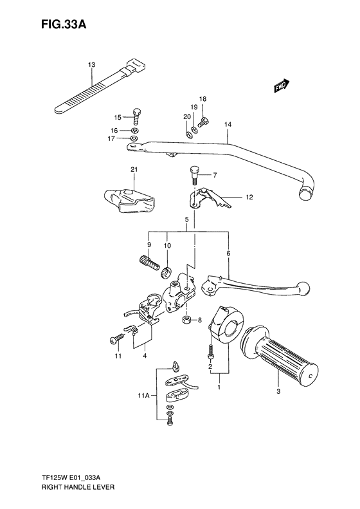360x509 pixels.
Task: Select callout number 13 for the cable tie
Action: [91, 65]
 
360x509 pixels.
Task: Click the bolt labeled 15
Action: [136, 117]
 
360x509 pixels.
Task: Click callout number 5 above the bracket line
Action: [186, 219]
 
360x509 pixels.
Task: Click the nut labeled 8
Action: [186, 320]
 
